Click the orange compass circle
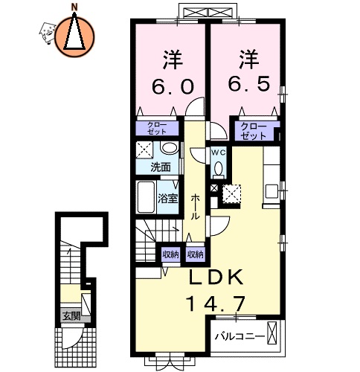tap(74, 35)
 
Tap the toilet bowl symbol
tap(218, 168)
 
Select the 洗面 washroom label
tap(160, 167)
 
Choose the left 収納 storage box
tap(171, 254)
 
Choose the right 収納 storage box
tap(195, 254)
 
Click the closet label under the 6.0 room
tap(157, 129)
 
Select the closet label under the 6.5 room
tap(254, 132)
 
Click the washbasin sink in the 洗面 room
tap(169, 147)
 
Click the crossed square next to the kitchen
tap(233, 193)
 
